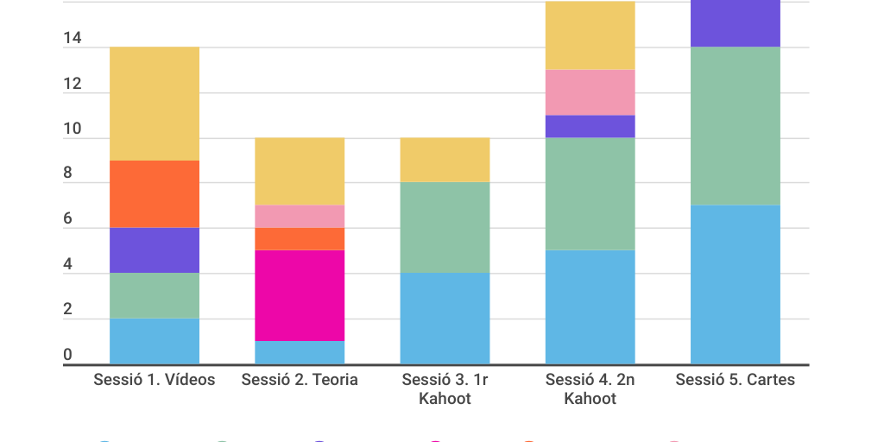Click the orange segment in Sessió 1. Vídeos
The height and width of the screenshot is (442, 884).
tap(155, 194)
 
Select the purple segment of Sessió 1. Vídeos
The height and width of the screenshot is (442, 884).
tap(155, 250)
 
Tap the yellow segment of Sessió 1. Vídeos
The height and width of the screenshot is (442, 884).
tap(155, 104)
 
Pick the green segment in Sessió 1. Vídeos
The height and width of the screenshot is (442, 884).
tap(155, 296)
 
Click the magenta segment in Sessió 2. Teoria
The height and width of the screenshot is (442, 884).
tap(300, 295)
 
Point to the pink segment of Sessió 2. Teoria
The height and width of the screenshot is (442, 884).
tap(300, 217)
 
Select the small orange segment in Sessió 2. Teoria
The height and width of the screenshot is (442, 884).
tap(300, 239)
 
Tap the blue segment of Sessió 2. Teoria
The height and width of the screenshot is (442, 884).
tap(300, 352)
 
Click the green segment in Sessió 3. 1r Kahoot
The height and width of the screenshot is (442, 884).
tap(445, 228)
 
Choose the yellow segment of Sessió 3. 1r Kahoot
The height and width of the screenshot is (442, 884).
tap(445, 160)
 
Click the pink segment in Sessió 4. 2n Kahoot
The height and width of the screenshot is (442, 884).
tap(590, 92)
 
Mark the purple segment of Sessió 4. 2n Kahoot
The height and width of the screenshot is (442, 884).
tap(590, 126)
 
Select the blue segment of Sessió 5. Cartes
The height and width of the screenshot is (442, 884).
tap(735, 284)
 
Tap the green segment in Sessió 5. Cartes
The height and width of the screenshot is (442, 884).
tap(735, 126)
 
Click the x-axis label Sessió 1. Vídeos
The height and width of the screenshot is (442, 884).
tap(155, 380)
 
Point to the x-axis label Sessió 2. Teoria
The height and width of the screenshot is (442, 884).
tap(300, 380)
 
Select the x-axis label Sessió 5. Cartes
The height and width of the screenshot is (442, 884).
tap(735, 380)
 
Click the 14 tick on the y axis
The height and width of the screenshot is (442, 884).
tap(73, 39)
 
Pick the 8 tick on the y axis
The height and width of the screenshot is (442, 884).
tap(67, 174)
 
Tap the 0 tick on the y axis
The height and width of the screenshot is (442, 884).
tap(67, 355)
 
